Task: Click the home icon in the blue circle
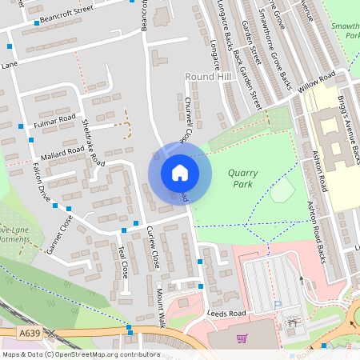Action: click(180, 172)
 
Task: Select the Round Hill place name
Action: click(201, 75)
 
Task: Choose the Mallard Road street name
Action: click(65, 150)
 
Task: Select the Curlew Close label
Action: click(153, 246)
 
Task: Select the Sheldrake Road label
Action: click(94, 142)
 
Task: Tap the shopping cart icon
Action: click(242, 338)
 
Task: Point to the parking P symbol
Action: click(278, 304)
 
